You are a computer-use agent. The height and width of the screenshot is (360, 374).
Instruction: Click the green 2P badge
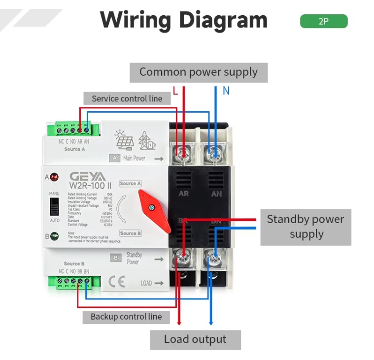[323, 22]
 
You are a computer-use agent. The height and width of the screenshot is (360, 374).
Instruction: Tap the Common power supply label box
[199, 72]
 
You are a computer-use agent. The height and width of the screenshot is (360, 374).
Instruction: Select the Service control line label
[127, 98]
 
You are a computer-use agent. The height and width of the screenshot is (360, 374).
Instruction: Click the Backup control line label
[126, 317]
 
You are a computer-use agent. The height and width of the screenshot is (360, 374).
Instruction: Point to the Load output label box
[195, 339]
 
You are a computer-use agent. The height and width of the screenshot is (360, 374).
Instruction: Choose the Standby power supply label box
[306, 227]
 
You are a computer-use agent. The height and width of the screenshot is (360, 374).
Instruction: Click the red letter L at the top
[175, 91]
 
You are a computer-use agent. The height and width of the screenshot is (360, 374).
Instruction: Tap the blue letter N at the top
[226, 91]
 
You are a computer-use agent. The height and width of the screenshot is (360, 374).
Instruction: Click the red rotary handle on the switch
[154, 211]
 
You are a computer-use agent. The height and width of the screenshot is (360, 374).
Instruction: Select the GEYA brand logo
[88, 176]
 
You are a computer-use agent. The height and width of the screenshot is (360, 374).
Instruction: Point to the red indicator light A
[54, 176]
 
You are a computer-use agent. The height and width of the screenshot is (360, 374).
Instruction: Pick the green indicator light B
[54, 236]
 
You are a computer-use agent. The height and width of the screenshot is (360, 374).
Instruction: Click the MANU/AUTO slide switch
[55, 208]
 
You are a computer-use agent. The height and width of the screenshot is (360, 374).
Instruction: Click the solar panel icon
[124, 140]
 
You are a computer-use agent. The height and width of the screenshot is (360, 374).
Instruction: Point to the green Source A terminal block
[73, 130]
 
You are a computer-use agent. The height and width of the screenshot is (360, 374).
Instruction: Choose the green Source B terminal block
[73, 282]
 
